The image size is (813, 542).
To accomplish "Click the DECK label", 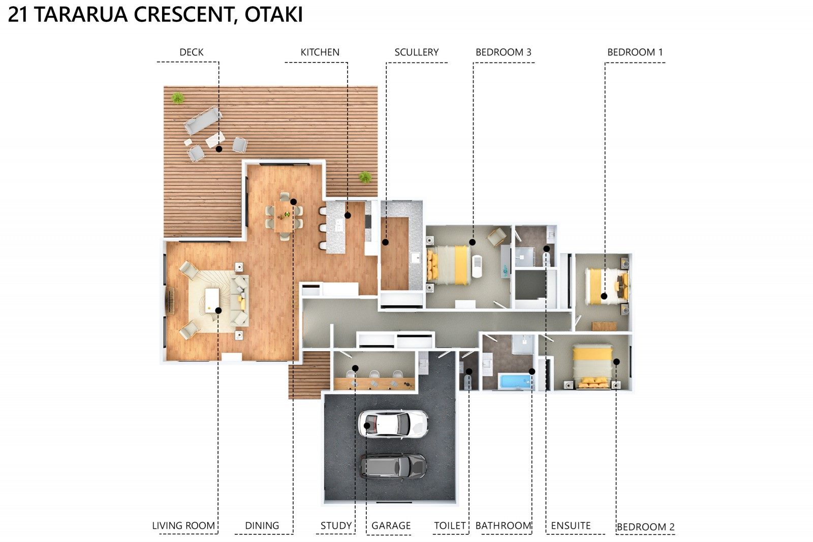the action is tap(191, 52).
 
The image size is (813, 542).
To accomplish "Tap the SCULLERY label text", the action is tap(416, 52).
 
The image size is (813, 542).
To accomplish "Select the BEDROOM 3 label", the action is tap(504, 52).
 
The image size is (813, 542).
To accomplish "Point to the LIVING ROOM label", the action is tap(183, 526).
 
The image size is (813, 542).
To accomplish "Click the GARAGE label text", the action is tap(391, 526).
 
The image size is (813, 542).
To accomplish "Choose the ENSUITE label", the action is tap(571, 526).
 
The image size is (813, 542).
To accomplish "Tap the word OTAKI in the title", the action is tap(273, 15).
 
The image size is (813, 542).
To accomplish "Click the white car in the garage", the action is tap(393, 424).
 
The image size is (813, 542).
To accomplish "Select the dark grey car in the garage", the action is tap(393, 466).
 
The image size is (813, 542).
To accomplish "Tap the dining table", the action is tap(284, 216).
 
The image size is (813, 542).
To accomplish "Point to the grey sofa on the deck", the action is tap(203, 120).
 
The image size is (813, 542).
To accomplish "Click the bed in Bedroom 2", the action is tap(592, 367).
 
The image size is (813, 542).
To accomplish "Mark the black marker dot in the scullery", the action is tap(386, 243).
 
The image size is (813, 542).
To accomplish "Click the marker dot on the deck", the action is tap(219, 149).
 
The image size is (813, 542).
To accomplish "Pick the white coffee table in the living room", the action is tap(212, 300).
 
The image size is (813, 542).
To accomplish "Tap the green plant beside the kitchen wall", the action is tap(365, 177).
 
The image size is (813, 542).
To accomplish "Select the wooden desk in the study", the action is tap(374, 383).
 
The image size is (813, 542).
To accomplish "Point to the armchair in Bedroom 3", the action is tap(496, 236).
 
